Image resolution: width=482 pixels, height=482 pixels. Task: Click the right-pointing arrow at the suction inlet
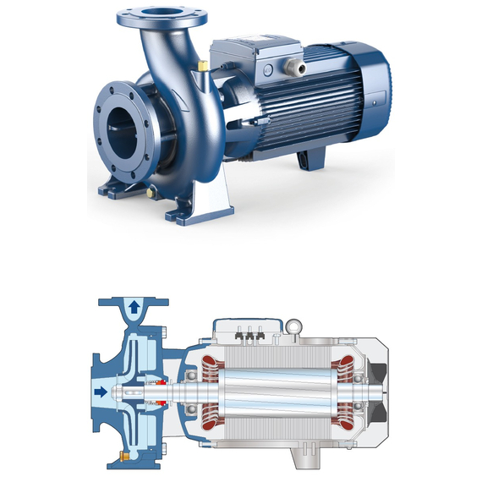(101, 392)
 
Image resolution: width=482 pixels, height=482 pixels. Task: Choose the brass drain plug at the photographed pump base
(151, 193)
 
